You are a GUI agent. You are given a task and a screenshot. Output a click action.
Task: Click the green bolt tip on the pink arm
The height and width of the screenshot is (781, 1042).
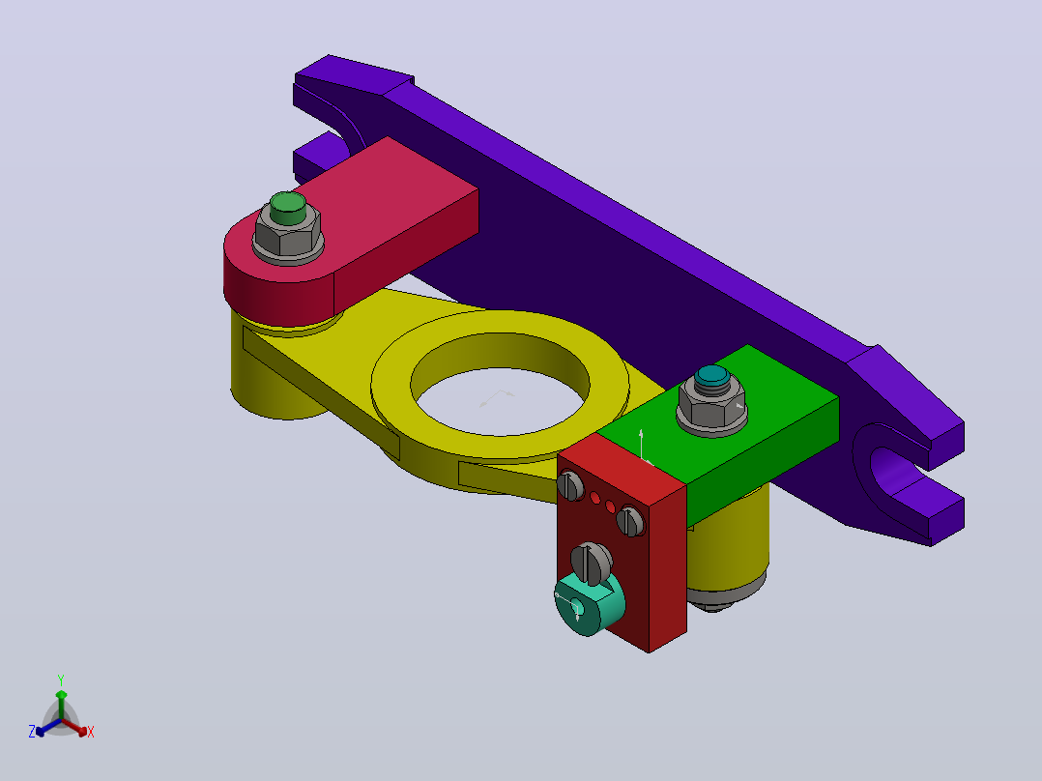pyautogui.click(x=288, y=208)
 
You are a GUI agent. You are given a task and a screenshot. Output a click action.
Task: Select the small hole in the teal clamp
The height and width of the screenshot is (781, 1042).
pyautogui.click(x=577, y=608)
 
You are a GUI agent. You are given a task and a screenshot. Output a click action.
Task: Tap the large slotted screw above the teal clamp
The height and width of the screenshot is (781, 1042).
pyautogui.click(x=592, y=563)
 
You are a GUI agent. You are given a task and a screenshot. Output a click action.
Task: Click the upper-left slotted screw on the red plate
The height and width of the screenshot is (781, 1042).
pyautogui.click(x=570, y=484)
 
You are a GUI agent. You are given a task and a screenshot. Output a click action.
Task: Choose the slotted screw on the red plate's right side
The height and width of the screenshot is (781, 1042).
pyautogui.click(x=630, y=520)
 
